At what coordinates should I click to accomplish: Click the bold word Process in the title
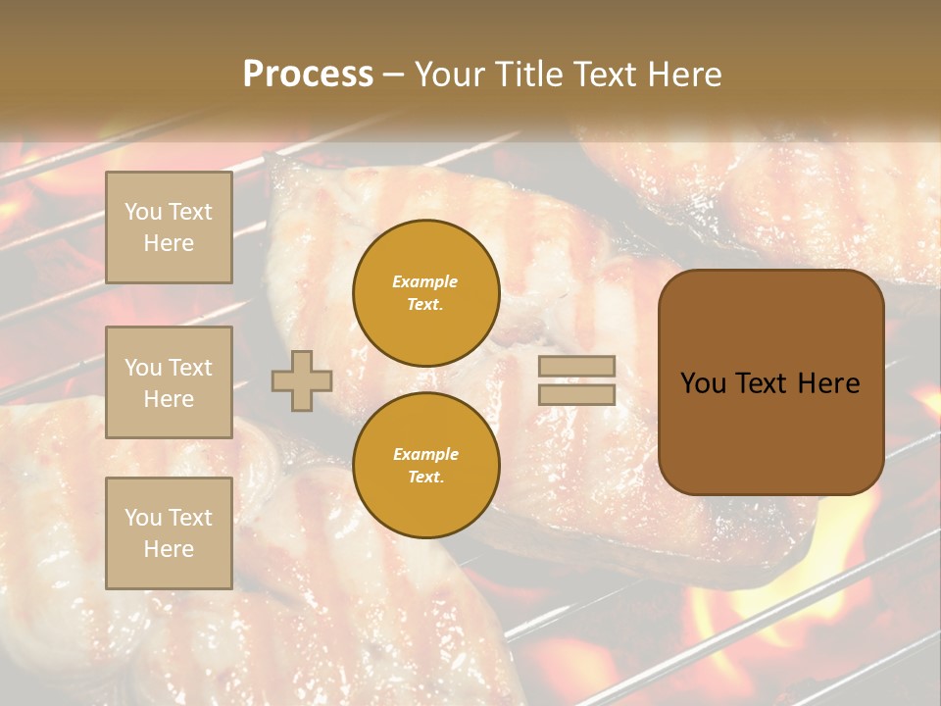pos(308,75)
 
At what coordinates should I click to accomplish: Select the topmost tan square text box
pos(169,227)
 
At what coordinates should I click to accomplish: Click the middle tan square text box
pos(169,382)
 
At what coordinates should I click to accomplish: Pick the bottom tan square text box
pos(169,532)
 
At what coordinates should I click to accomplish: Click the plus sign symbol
pos(302,380)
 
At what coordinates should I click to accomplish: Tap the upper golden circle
pos(426,293)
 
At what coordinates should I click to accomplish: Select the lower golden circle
pos(426,466)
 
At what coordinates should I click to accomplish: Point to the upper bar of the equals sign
pos(576,366)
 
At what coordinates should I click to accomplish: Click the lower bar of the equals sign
pos(576,394)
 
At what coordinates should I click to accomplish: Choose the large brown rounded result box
pos(770,382)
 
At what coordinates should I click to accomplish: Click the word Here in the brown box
pos(828,383)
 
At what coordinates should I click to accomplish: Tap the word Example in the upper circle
pos(424,281)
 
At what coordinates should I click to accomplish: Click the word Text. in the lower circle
pos(425,478)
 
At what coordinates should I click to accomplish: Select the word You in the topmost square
pos(143,212)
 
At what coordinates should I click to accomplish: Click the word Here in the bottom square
pos(169,549)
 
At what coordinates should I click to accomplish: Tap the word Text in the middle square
pos(190,368)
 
